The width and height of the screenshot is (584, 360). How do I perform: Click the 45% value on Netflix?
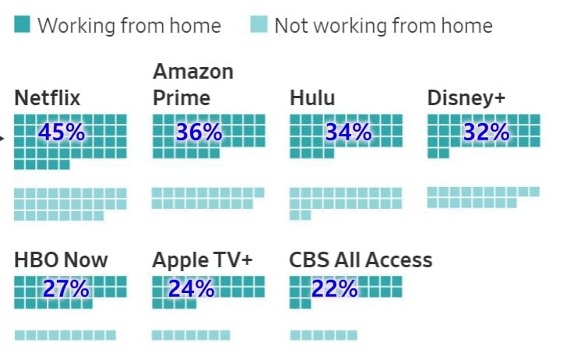tap(62, 132)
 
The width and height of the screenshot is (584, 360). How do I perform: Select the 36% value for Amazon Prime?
tap(199, 132)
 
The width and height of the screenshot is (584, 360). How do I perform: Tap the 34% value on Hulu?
tap(348, 132)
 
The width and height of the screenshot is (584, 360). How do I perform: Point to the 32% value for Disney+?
tap(486, 132)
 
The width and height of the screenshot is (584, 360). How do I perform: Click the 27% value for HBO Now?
tap(66, 289)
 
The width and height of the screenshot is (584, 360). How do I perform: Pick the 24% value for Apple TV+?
tap(191, 289)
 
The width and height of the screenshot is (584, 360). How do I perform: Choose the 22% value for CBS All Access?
tap(335, 289)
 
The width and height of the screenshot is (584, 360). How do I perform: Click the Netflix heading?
tap(47, 98)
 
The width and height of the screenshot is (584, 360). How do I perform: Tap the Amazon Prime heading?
tap(193, 85)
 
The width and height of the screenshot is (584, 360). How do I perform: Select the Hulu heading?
tap(312, 98)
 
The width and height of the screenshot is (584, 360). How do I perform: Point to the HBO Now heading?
tap(61, 259)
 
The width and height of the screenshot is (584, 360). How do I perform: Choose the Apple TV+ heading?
tap(202, 259)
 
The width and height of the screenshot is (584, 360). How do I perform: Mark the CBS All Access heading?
tap(361, 259)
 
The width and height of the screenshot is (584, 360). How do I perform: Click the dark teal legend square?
tap(22, 26)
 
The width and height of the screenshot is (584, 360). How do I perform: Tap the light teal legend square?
tap(259, 26)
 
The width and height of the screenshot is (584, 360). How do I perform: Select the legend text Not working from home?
tap(383, 26)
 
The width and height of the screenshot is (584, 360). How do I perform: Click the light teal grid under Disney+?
tap(483, 197)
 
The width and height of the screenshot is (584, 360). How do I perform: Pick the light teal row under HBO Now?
tap(65, 335)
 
